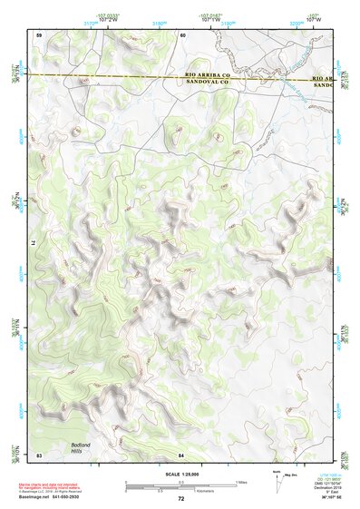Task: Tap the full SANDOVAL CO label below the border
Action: click(x=208, y=82)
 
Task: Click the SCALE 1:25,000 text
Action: click(x=180, y=474)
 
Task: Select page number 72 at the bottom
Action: click(x=180, y=499)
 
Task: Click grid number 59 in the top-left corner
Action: click(x=39, y=34)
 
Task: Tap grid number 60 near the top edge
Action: click(x=182, y=34)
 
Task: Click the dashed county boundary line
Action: click(x=109, y=77)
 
